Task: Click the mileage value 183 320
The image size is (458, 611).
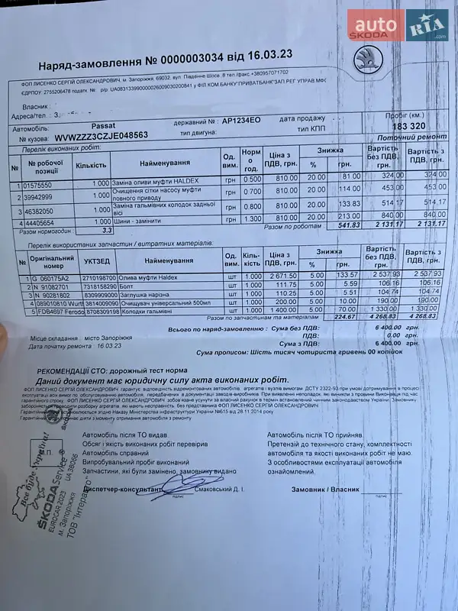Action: point(407,124)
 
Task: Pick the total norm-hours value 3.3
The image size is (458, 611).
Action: point(107,229)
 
